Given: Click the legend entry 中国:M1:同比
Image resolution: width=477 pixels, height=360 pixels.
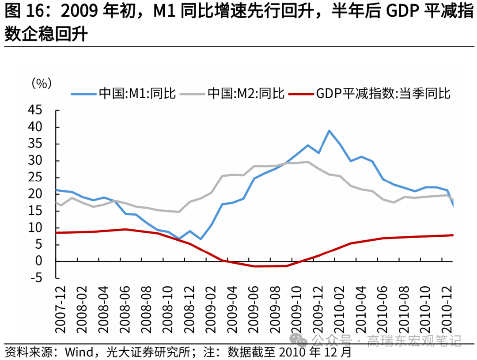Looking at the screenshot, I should [x=137, y=94].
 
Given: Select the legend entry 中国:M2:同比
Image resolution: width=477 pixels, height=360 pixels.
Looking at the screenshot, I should [x=246, y=94].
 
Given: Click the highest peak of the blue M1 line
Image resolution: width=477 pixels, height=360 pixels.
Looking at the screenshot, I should [x=329, y=131].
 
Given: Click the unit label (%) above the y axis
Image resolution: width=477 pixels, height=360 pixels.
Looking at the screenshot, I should [x=41, y=83].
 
